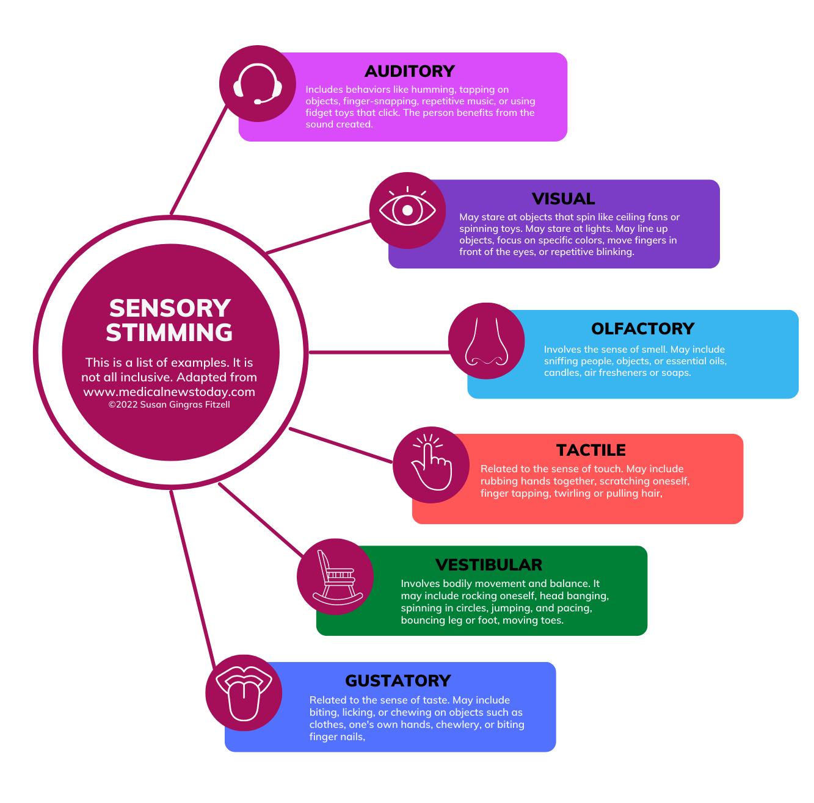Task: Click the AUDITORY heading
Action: tap(409, 71)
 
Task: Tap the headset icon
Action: tap(258, 84)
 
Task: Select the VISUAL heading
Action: tap(563, 199)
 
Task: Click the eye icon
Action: tap(407, 211)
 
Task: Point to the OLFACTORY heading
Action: tap(642, 329)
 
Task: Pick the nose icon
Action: tap(486, 341)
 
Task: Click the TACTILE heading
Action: tap(591, 450)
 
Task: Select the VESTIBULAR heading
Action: tap(489, 565)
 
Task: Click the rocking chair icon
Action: tap(335, 577)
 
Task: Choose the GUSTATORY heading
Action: tap(398, 681)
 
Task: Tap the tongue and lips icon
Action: tap(244, 693)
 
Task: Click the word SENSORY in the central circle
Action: tap(170, 308)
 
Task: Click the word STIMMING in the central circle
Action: tap(169, 333)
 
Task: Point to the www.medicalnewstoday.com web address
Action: tap(169, 392)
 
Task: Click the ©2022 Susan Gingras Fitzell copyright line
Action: tap(169, 405)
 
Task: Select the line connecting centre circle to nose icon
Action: tap(379, 352)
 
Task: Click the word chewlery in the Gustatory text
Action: tap(457, 724)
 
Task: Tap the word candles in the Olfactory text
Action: tap(562, 373)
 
